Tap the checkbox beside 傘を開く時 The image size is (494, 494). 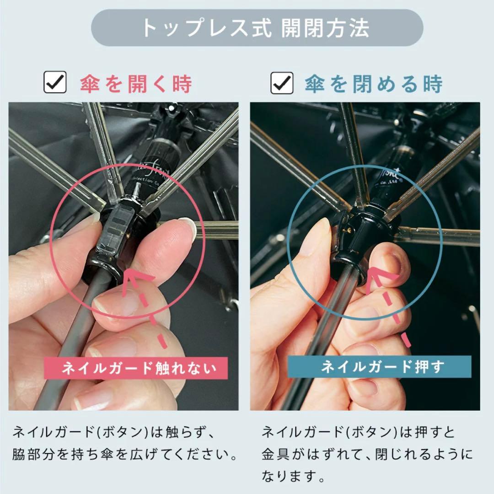(x=55, y=83)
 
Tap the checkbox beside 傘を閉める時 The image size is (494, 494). (x=282, y=83)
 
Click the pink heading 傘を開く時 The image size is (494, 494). (x=136, y=84)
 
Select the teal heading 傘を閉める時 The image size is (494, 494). (x=374, y=84)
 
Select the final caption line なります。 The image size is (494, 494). (x=294, y=478)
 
